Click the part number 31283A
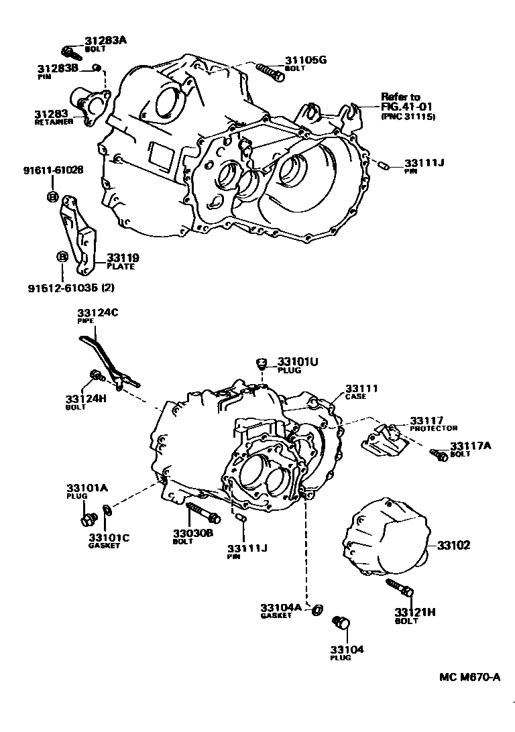pyautogui.click(x=105, y=40)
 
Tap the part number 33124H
pyautogui.click(x=87, y=398)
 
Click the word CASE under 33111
pyautogui.click(x=356, y=397)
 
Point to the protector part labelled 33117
pyautogui.click(x=382, y=439)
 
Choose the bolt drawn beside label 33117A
pyautogui.click(x=440, y=455)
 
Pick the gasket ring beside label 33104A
pyautogui.click(x=319, y=609)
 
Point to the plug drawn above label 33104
pyautogui.click(x=342, y=624)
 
